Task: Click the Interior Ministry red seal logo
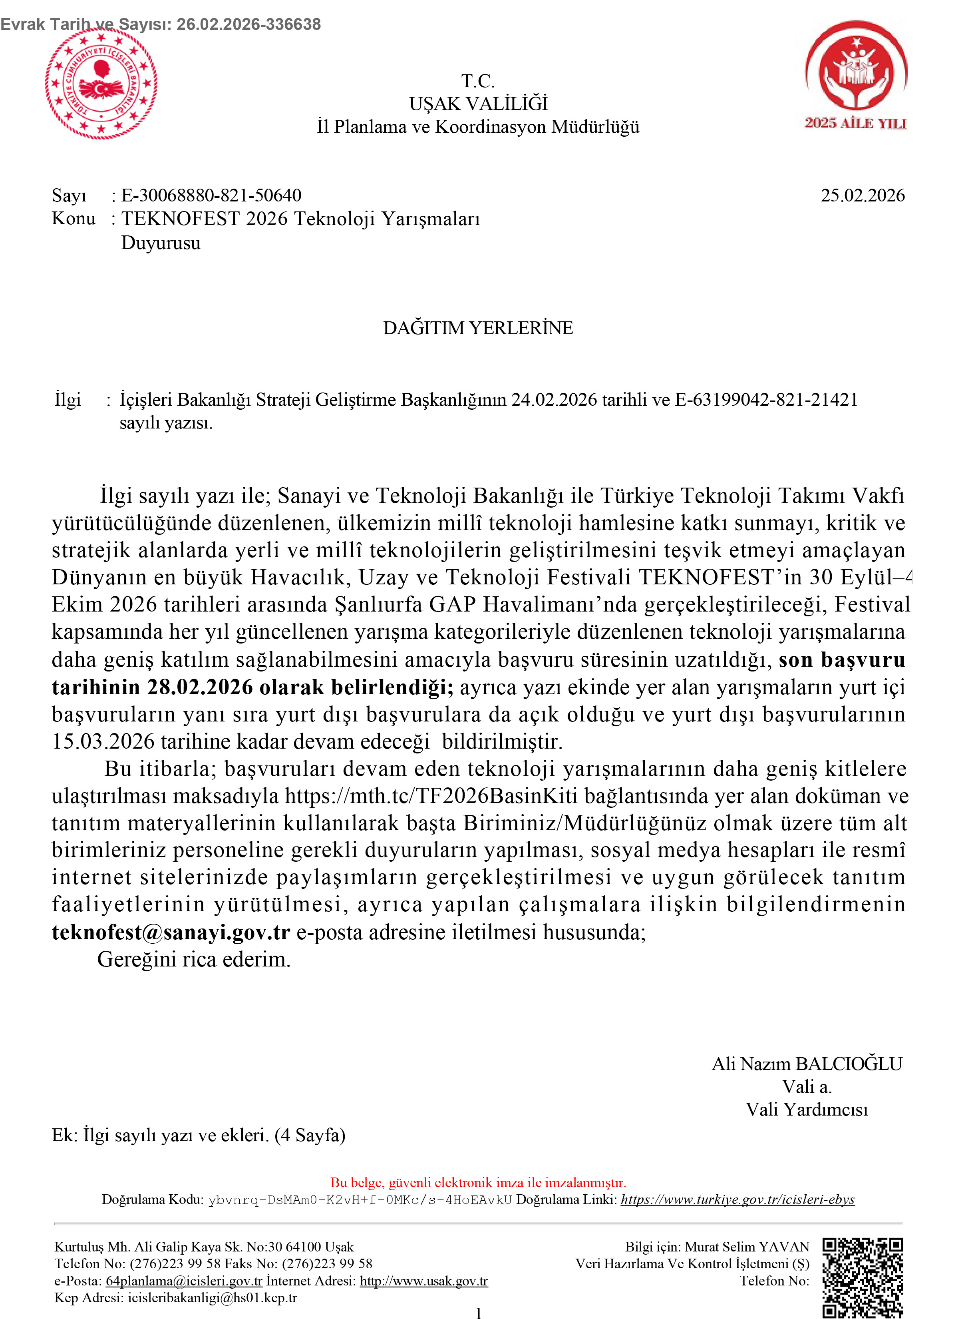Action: tap(101, 84)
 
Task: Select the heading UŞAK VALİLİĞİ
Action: tap(478, 104)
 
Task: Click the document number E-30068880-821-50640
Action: tap(211, 195)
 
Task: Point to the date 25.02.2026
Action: tap(862, 195)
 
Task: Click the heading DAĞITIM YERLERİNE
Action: tap(478, 328)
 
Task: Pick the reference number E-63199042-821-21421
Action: tap(766, 400)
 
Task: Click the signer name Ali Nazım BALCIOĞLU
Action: tap(807, 1064)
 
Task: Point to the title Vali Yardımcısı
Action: tap(807, 1110)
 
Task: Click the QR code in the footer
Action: tap(863, 1277)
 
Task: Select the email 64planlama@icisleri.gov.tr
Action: tap(184, 1281)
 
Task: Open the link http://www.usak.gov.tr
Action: tap(424, 1281)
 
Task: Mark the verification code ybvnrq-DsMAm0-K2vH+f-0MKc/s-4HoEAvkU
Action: tap(360, 1200)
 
